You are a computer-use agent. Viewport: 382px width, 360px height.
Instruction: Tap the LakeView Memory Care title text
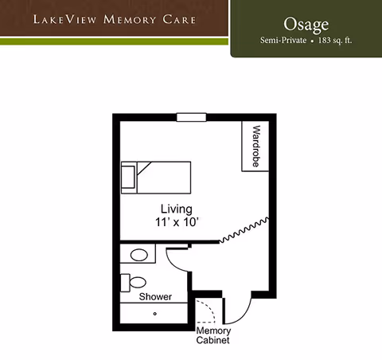[x=115, y=18]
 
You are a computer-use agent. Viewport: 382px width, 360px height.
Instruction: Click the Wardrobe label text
[x=256, y=146]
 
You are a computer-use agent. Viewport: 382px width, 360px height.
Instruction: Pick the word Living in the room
[x=175, y=209]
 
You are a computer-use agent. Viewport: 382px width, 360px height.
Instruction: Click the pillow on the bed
[x=128, y=176]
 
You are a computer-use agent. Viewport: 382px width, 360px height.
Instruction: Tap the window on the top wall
[x=191, y=118]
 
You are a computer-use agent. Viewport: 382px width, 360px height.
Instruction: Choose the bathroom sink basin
[x=140, y=256]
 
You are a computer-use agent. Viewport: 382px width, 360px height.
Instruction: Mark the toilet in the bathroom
[x=135, y=283]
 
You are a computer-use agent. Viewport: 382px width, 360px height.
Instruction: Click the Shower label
[x=155, y=297]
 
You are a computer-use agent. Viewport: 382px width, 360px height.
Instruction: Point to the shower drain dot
[x=155, y=313]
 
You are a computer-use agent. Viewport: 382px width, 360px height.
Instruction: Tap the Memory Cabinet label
[x=213, y=335]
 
